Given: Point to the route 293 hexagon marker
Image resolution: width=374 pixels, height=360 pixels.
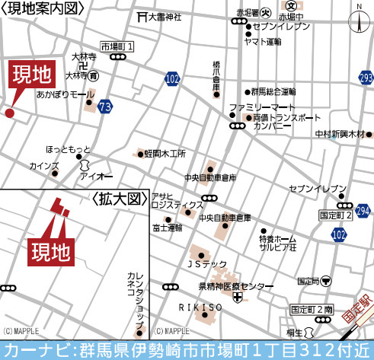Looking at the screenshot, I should tap(366, 78).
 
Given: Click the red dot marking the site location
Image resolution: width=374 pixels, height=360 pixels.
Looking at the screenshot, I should tap(9, 113).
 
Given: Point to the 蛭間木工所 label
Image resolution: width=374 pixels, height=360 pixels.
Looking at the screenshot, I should tap(165, 153).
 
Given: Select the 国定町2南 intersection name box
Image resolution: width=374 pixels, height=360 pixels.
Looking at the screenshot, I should tap(312, 310).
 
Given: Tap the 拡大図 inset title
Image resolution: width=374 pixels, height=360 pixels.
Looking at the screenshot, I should tap(120, 199).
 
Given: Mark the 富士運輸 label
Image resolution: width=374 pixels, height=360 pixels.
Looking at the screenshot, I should tap(168, 227).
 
